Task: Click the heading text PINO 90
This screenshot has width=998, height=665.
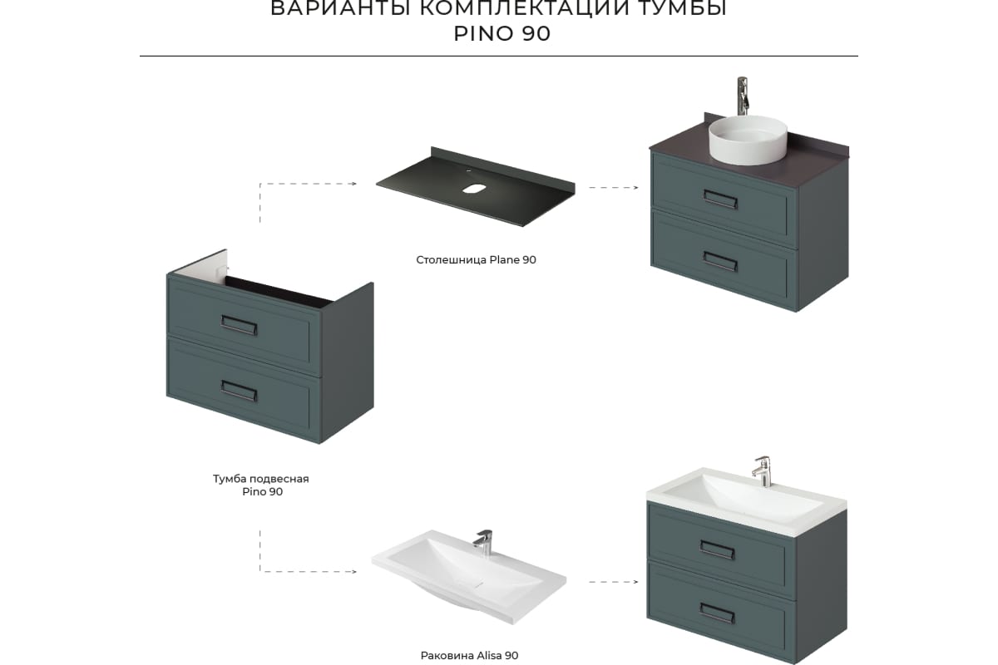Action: tap(501, 34)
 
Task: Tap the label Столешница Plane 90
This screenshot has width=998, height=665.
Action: tap(476, 259)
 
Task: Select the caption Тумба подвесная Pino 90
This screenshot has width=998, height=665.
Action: tap(261, 485)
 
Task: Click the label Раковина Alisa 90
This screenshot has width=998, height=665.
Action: tap(470, 655)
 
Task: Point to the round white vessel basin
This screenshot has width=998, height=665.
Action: tap(748, 140)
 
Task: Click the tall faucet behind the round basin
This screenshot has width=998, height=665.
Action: tap(742, 96)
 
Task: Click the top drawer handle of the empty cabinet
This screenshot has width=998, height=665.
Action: tap(239, 325)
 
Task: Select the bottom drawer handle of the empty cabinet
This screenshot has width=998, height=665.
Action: tap(239, 391)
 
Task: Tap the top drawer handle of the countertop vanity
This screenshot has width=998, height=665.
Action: tap(720, 199)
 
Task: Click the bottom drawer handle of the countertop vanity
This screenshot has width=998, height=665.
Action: tap(720, 261)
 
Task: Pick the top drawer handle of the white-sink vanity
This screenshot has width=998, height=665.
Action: tap(717, 549)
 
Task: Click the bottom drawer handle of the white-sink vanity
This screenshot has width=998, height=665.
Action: tap(717, 613)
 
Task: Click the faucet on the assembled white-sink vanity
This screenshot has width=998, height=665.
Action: tap(762, 471)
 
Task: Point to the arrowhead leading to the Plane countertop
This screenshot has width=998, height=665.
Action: tap(353, 184)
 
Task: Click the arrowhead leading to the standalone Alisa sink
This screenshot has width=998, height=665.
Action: tap(353, 571)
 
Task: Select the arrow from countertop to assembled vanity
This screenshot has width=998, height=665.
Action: tap(614, 188)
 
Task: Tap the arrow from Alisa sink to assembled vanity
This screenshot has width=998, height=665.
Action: tap(614, 582)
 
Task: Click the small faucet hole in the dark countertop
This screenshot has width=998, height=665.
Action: tap(472, 170)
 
